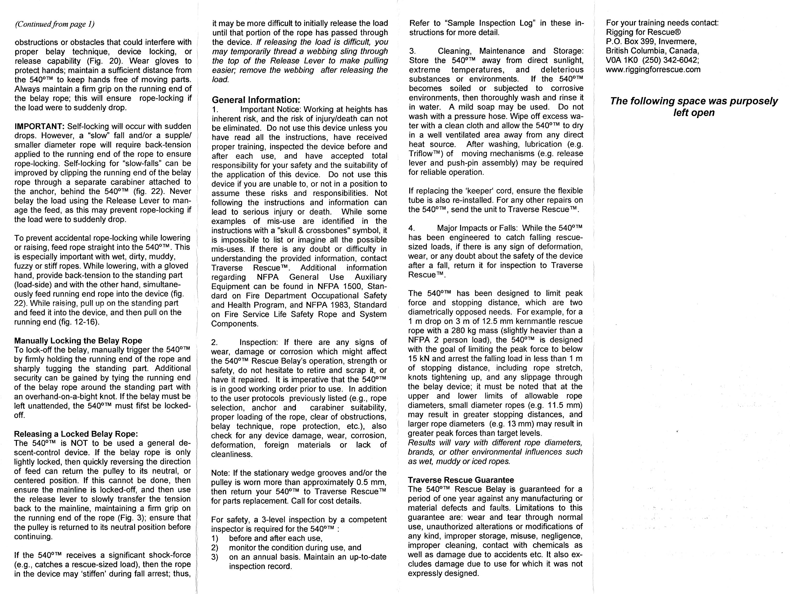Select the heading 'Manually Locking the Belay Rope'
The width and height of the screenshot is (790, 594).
[x=78, y=340]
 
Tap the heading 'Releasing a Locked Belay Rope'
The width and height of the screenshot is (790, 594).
[x=76, y=434]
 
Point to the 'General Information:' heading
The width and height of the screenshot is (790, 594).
[x=256, y=100]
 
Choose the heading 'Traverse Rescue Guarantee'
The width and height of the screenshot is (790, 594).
[x=461, y=480]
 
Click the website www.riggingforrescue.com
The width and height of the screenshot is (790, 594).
[x=653, y=70]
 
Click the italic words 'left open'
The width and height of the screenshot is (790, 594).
[x=694, y=113]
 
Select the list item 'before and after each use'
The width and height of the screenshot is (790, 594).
[x=276, y=538]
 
